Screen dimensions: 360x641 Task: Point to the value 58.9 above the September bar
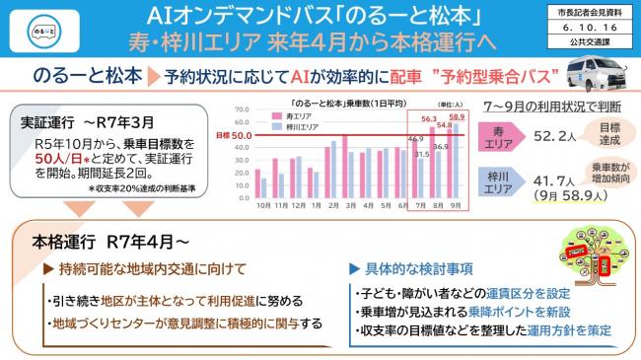pos(456,117)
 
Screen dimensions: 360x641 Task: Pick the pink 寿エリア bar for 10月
pos(258,182)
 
